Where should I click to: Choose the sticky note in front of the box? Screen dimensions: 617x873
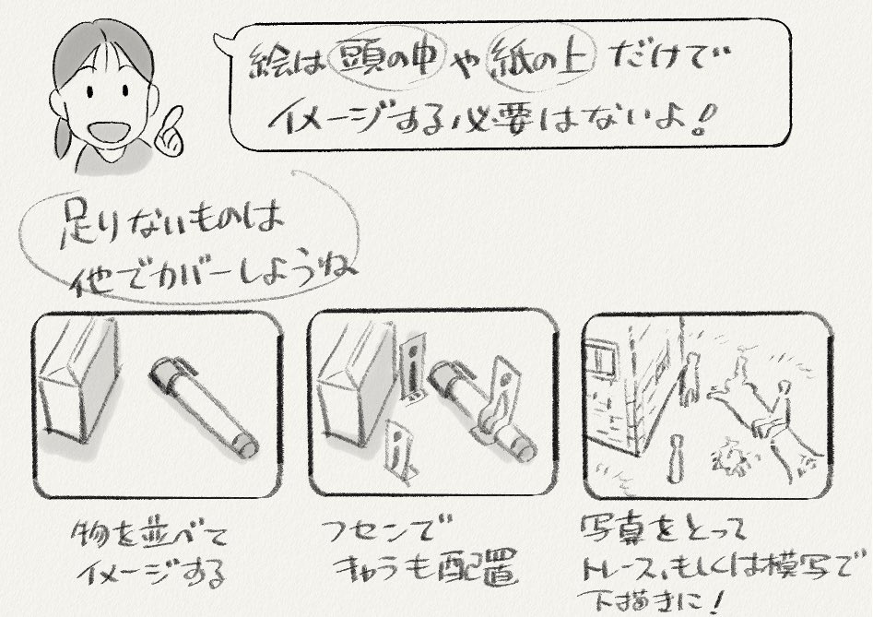click(x=397, y=448)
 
